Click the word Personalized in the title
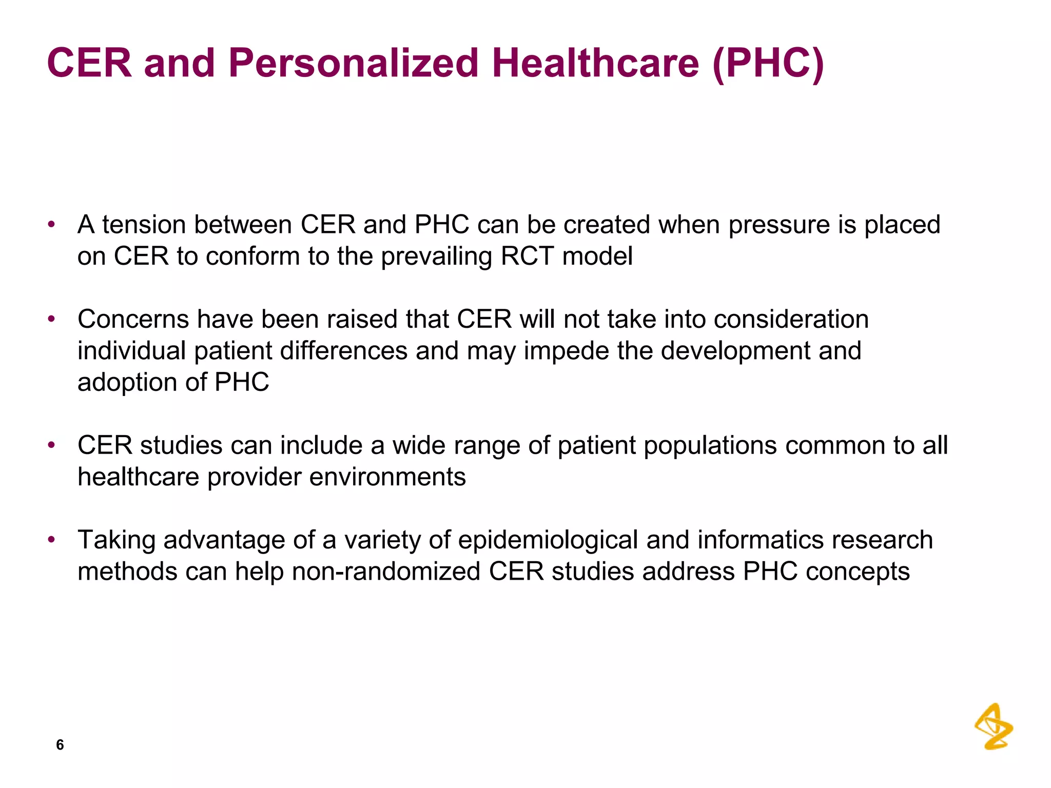[x=353, y=63]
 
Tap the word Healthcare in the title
[x=595, y=63]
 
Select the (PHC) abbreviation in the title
[x=768, y=63]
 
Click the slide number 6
[x=60, y=744]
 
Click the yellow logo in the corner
[x=994, y=726]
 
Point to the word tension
[x=144, y=225]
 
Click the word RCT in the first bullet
[x=527, y=256]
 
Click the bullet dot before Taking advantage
[x=51, y=540]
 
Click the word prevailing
[x=436, y=257]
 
